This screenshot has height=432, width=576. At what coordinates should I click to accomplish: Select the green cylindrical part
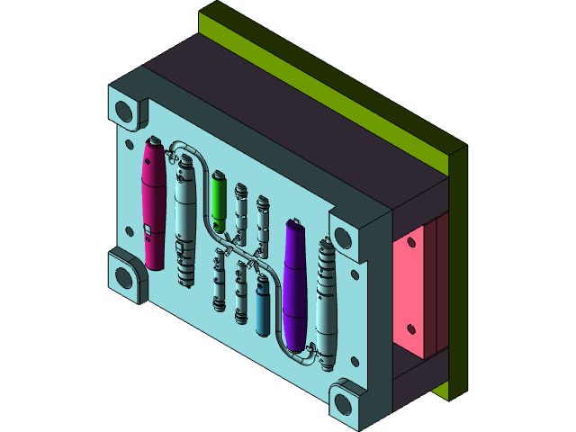(218, 200)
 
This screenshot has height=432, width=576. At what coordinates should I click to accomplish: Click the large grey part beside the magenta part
(184, 220)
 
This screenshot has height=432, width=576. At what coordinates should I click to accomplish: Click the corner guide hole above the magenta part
(125, 112)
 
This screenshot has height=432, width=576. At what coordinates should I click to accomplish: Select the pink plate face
(413, 288)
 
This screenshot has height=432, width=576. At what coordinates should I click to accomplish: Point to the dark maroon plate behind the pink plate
(440, 288)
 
